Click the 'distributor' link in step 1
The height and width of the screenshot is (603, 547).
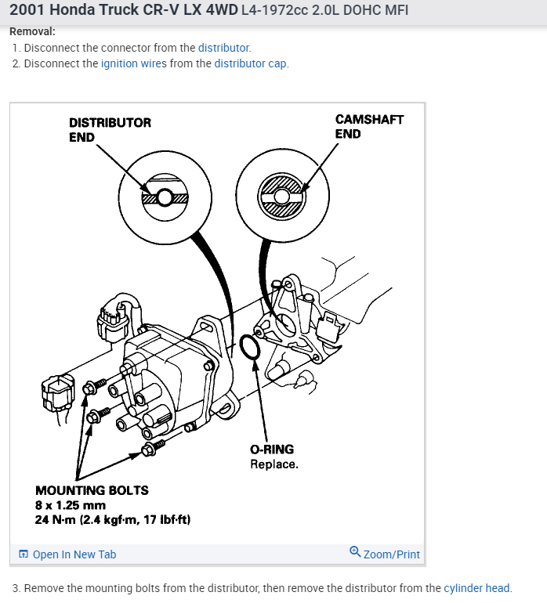[x=223, y=48]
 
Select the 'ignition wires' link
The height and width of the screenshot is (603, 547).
[x=134, y=63]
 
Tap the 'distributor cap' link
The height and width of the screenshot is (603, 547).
[x=251, y=63]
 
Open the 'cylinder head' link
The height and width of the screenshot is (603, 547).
[x=476, y=588]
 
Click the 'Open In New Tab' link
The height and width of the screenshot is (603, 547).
[x=74, y=554]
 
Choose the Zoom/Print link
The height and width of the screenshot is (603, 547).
[x=391, y=554]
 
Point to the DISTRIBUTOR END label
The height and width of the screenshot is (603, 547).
[x=110, y=130]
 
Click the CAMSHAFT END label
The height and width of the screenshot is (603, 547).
[x=369, y=127]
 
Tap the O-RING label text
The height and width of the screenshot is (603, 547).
[x=272, y=450]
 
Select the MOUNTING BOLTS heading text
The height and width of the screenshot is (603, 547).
[x=92, y=490]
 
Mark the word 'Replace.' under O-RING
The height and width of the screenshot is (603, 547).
[x=274, y=464]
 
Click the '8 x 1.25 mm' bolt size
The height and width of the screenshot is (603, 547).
[x=71, y=505]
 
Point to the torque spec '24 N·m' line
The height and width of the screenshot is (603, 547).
[x=113, y=519]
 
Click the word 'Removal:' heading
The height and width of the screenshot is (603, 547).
[x=32, y=32]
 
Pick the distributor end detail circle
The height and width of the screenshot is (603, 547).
[x=165, y=196]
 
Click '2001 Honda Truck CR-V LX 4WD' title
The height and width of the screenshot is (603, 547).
[x=123, y=12]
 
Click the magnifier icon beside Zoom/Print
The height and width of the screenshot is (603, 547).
[x=355, y=552]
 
